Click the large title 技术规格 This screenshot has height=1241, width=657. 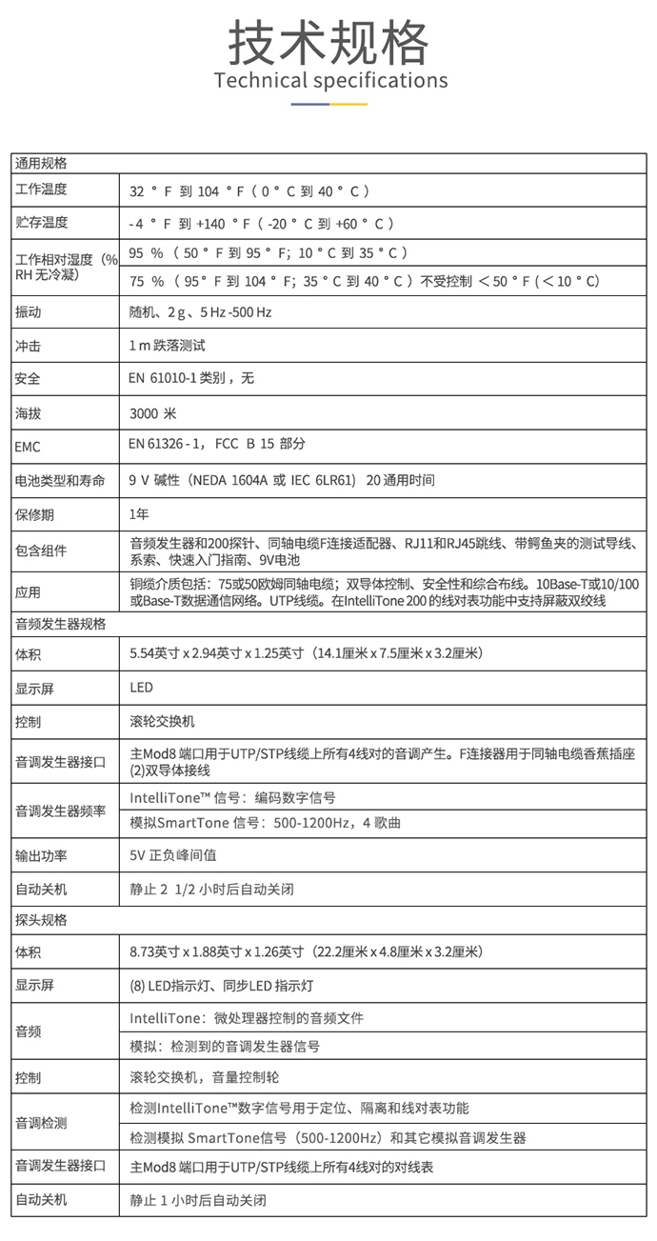click(328, 42)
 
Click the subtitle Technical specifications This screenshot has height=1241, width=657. click(330, 80)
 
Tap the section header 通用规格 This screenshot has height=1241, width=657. click(41, 163)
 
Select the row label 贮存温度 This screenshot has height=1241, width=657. click(42, 223)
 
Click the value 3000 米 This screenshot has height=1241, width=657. click(153, 413)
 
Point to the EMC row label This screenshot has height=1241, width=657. click(29, 447)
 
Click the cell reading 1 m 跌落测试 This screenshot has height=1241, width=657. click(167, 346)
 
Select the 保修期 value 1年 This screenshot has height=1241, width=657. click(139, 514)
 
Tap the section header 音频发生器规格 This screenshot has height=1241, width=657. click(61, 625)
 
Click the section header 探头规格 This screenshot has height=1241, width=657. click(41, 921)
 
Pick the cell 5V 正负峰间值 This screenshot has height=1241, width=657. click(173, 856)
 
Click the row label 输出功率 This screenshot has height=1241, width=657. click(42, 856)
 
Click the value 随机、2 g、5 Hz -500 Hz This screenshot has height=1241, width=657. click(201, 312)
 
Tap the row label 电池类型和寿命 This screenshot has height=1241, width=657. click(60, 480)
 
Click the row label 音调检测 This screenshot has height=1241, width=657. click(42, 1123)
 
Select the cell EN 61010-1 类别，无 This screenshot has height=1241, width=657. click(191, 378)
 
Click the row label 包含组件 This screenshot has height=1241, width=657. click(42, 551)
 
